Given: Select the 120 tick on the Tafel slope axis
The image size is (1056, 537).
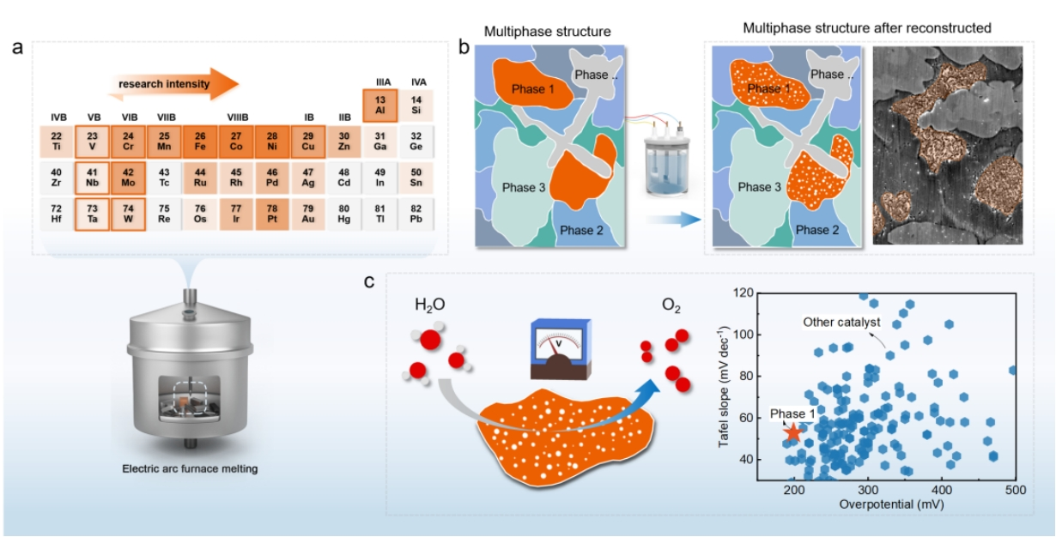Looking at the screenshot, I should coord(746,293).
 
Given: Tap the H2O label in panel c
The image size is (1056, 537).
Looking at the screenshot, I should coord(431,305).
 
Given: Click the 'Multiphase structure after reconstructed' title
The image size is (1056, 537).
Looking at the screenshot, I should coord(867,28).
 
